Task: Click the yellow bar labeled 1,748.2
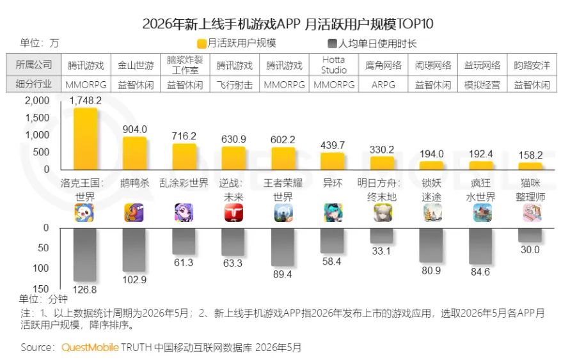pos(86,139)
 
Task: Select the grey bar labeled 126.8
pos(85,255)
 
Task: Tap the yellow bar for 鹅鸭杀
pos(134,153)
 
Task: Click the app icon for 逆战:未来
pos(233,213)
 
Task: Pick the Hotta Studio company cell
pos(333,65)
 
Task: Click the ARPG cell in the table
pos(383,85)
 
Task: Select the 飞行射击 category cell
pos(234,85)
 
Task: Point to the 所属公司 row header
pos(34,65)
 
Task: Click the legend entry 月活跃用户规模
pos(237,43)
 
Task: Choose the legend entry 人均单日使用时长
pos(372,43)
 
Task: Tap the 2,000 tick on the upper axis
pos(37,100)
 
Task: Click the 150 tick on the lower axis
pos(40,288)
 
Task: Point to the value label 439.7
pos(333,145)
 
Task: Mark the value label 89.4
pos(282,274)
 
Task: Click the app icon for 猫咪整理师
pos(532,213)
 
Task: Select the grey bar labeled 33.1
pos(381,236)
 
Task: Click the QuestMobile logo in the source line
pos(90,347)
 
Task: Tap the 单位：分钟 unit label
pos(43,299)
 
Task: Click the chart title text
pos(288,24)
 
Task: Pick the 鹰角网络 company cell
pos(383,65)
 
